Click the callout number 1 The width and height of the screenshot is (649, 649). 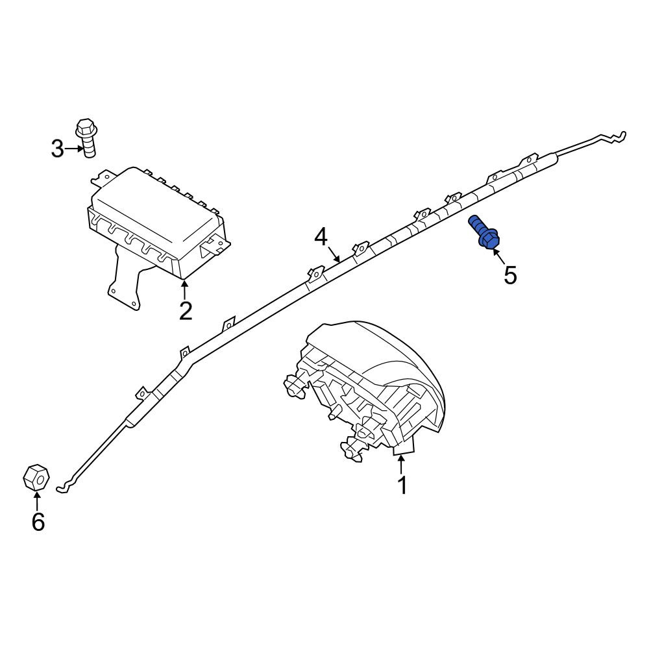[402, 485]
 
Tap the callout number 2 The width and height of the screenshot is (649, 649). [186, 311]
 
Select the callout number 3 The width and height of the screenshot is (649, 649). [58, 149]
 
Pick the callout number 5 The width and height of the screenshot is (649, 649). [510, 275]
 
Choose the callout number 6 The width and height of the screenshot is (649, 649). [38, 522]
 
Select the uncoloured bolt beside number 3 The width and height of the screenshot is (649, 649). [87, 138]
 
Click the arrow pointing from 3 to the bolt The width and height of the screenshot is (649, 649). [74, 149]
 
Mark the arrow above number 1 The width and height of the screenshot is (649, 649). [401, 465]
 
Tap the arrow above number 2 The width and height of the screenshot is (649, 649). [185, 289]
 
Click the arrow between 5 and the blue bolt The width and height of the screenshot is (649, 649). [498, 256]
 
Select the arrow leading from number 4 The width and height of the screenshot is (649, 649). [334, 254]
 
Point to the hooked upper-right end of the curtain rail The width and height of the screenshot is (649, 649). [612, 138]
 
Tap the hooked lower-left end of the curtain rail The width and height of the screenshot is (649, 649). [66, 486]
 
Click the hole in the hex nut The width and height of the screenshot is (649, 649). [41, 480]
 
